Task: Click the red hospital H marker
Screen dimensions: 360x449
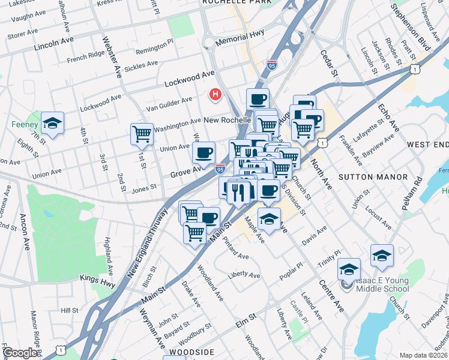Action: pos(215,95)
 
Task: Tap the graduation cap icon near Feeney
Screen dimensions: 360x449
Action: pos(53,123)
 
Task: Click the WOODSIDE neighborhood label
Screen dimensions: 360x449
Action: pos(191,352)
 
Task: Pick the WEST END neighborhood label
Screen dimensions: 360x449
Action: pos(428,145)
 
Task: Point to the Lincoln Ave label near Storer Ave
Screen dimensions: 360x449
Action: pos(54,44)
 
